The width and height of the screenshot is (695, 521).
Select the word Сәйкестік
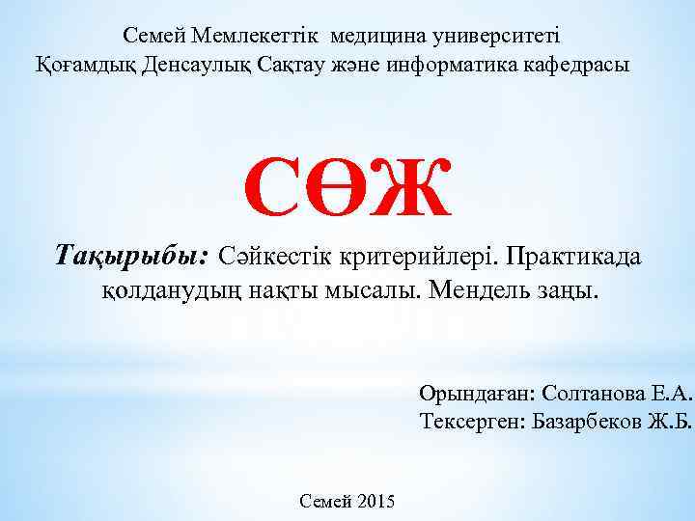[271, 258]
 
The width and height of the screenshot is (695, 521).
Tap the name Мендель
[488, 290]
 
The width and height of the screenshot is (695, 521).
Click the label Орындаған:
[477, 394]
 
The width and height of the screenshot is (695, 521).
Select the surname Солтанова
[587, 394]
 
